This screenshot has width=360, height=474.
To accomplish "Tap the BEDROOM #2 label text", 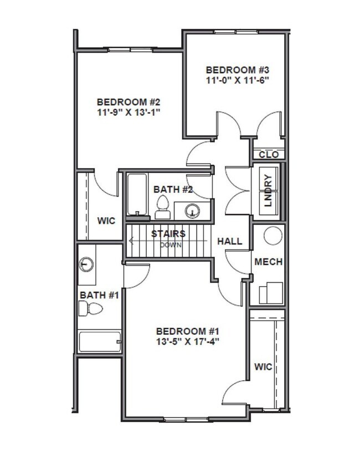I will tap(128, 102).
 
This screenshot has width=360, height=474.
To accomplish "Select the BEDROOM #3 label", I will tap(237, 70).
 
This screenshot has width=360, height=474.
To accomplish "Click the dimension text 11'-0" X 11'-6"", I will tap(237, 80).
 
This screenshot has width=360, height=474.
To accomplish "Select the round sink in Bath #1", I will tap(86, 264).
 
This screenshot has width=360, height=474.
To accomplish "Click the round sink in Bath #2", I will tap(192, 211).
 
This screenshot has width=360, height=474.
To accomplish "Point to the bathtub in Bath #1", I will tap(100, 342).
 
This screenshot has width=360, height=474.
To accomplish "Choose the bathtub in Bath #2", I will tap(136, 194).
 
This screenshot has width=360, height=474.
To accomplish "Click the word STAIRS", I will tap(168, 233).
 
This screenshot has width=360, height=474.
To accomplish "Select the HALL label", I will tap(229, 241).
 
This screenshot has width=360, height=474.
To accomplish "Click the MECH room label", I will tap(269, 262).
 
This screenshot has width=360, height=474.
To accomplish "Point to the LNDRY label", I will tap(268, 191).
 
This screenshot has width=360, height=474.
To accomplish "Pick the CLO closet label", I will tap(269, 155).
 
